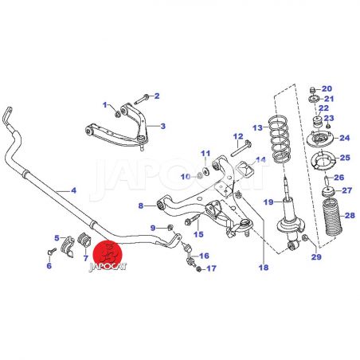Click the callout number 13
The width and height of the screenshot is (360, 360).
257,128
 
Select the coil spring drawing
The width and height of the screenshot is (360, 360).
280,139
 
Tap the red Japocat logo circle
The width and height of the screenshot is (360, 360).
108,256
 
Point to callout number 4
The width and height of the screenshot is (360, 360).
73,190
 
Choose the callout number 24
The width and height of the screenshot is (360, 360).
345,138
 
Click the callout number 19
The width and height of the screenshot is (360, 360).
268,202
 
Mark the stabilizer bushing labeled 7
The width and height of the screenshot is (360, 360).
84,239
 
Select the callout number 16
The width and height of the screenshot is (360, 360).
204,256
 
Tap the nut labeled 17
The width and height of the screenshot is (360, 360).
198,269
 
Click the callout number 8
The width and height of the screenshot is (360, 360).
141,205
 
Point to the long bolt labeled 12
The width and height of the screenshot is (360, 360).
241,148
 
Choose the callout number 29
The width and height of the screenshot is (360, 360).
316,256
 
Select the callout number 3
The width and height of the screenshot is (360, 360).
162,126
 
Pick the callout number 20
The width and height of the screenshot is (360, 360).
327,88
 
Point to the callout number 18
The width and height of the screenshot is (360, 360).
264,268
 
